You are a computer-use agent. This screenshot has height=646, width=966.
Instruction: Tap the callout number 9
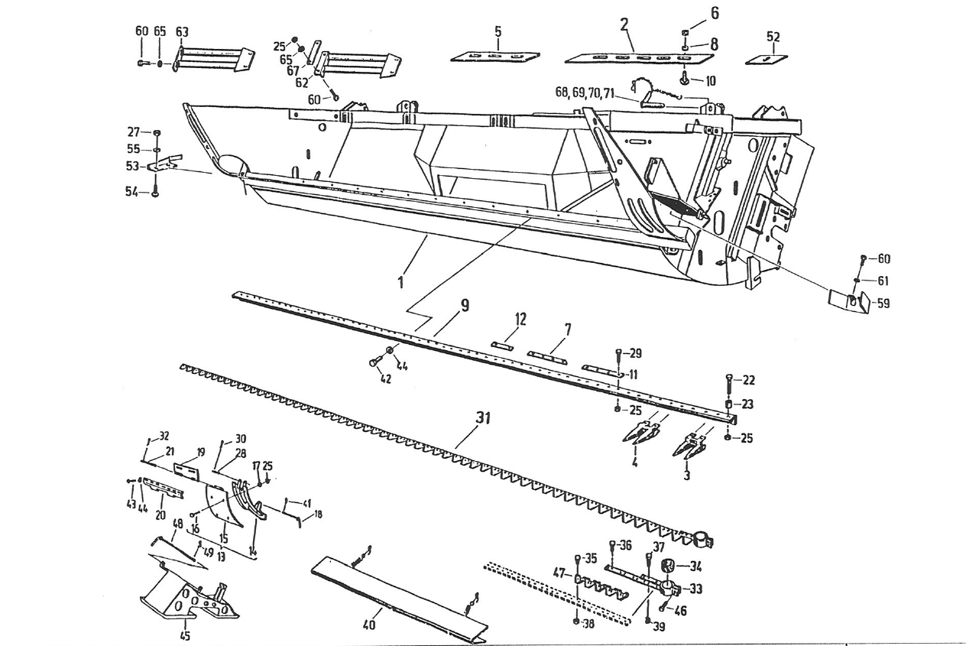tap(464, 306)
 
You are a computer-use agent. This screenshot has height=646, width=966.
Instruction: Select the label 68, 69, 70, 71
tap(586, 93)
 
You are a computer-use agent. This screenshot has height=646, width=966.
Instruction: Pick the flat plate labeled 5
tap(494, 56)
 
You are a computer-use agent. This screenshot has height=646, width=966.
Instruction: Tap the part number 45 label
tap(184, 635)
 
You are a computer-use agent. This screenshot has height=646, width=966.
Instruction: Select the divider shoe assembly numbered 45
tap(187, 597)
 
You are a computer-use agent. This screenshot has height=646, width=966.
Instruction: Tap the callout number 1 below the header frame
tap(400, 281)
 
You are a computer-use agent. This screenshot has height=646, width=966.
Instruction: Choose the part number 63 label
tap(182, 31)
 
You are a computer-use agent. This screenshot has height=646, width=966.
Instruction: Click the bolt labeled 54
tap(155, 191)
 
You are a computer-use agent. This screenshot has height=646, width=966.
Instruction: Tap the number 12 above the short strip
tap(520, 319)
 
